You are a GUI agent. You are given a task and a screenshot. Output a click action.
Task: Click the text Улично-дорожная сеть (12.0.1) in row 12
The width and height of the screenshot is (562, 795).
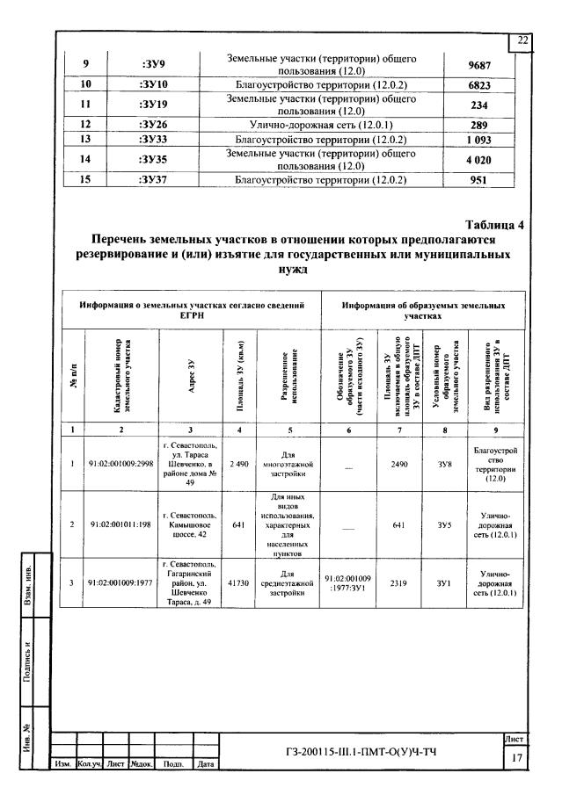tap(320, 125)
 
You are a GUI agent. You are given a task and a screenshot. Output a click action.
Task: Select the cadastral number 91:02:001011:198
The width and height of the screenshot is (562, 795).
tap(121, 525)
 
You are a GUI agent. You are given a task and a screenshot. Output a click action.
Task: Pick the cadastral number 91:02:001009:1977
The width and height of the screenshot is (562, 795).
tap(121, 581)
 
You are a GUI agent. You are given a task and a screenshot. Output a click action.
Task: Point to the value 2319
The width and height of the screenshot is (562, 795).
tap(395, 581)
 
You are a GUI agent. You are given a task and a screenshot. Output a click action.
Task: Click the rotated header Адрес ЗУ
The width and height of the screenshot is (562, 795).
tap(191, 376)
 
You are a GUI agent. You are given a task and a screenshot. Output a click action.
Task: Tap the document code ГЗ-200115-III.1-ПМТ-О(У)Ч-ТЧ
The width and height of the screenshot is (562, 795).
tap(361, 753)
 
